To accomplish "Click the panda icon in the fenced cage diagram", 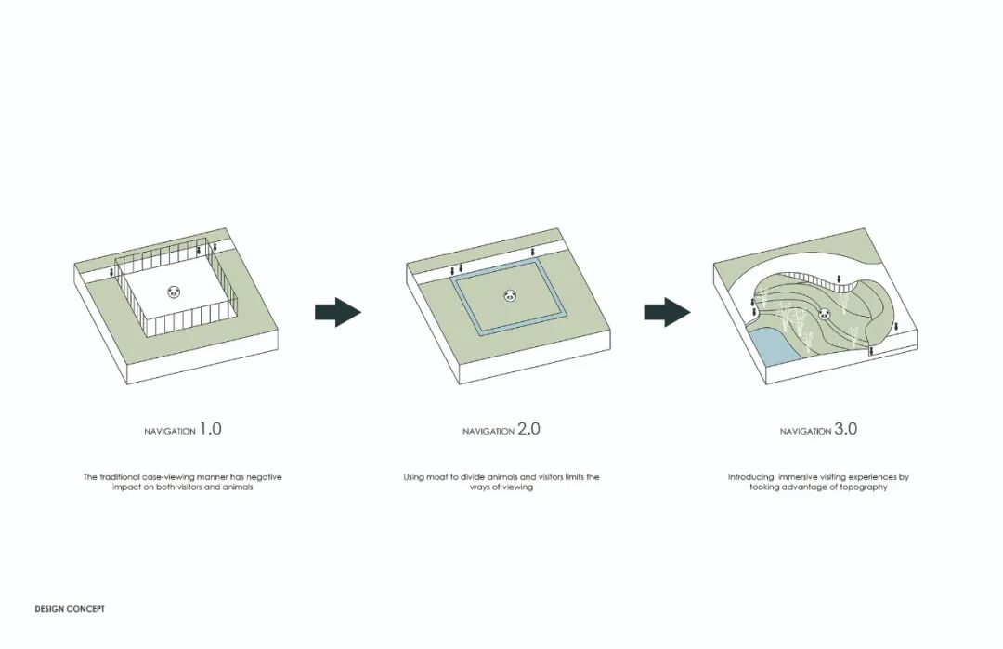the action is point(174,292).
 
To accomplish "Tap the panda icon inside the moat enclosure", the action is point(510,295).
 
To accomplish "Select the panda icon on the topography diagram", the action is point(824,314).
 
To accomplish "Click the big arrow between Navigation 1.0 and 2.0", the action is point(338,313).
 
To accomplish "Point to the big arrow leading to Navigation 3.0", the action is point(667,313).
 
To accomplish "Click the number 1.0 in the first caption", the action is point(211,428).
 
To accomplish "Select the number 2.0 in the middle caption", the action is point(528,428).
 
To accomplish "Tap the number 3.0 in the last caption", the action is point(846,428).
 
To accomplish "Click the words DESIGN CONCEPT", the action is point(70,609).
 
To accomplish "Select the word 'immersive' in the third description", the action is point(799,477).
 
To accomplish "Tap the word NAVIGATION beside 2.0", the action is point(488,432).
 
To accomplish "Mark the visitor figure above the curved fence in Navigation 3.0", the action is point(840,279).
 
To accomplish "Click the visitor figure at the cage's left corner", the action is point(112,272).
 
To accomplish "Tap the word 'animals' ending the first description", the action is point(238,487).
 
